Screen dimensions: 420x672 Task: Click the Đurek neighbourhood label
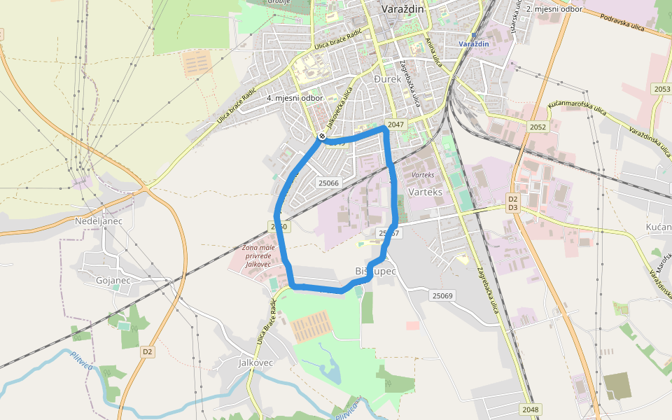point(388,79)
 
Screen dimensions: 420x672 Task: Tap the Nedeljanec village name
point(99,221)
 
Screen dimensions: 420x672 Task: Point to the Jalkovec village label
point(255,363)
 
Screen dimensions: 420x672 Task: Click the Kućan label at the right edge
point(659,227)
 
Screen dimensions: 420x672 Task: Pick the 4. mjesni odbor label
point(295,98)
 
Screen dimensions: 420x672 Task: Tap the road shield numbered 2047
point(396,125)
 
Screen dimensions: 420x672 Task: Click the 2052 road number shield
point(538,127)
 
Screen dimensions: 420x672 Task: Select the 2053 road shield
point(661,89)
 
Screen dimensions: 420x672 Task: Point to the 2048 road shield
point(531,409)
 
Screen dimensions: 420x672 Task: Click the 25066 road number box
point(328,183)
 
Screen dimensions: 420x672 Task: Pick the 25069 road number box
point(442,296)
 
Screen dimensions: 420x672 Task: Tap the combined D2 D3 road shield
point(512,204)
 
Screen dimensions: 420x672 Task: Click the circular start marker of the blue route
point(321,136)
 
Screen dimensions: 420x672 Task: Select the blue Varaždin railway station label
point(473,44)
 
